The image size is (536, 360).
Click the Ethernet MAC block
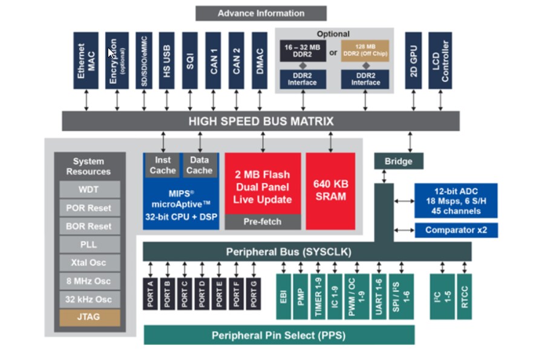pos(86,61)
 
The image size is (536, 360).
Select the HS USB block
pos(166,61)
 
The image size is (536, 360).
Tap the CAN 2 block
pos(237,61)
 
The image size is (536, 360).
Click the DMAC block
pos(260,61)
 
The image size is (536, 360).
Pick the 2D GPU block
pos(413,61)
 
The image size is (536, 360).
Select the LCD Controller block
pos(440,61)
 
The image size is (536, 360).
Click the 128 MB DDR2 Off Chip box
pos(365,50)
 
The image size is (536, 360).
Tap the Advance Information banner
pos(261,13)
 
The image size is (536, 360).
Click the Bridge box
pos(398,161)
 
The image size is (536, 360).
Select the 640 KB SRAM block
pos(330,191)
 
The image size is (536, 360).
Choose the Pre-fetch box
pos(263,221)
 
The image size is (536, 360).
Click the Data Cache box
pos(199,165)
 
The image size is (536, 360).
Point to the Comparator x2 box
pos(456,230)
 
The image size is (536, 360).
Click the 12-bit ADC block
pos(456,200)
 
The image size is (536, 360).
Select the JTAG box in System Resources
pos(90,317)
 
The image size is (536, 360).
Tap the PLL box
pos(90,244)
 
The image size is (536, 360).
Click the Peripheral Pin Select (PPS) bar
pos(279,335)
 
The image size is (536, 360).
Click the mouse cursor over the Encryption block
pos(112,53)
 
